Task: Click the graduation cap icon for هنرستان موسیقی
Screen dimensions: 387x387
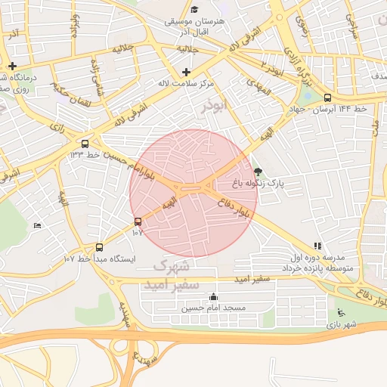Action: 195,10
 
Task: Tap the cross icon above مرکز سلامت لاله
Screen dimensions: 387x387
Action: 186,72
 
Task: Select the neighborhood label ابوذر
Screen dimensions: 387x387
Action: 214,107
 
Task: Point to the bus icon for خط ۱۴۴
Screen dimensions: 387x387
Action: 327,98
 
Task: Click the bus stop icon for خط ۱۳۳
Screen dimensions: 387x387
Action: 85,143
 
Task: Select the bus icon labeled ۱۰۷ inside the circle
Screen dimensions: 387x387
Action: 138,221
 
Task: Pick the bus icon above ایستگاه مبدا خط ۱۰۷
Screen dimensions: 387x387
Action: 99,247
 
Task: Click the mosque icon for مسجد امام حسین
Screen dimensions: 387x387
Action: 213,297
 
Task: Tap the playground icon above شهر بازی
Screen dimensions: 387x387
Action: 340,313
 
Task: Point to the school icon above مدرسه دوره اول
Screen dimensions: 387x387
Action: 317,246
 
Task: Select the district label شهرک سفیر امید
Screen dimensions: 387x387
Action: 175,276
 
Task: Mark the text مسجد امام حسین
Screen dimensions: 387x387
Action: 213,308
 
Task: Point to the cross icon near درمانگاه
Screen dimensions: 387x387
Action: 13,66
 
